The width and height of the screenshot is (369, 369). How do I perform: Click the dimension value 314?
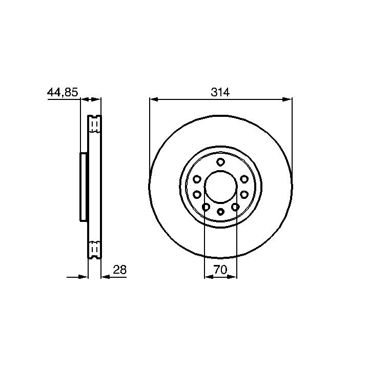point(220,92)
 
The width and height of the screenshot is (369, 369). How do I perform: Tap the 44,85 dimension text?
point(63,92)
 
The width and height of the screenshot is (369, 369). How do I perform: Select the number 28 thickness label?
point(120,270)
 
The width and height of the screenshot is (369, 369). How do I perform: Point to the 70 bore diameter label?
point(220,270)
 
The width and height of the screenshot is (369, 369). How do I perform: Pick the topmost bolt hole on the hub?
point(220,162)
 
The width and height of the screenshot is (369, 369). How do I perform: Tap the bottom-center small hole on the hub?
point(220,212)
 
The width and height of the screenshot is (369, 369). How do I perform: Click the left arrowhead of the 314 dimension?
point(153,99)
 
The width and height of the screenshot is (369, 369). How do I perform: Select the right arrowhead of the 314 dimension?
point(288,99)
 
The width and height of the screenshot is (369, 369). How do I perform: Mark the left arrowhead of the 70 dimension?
point(209,277)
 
